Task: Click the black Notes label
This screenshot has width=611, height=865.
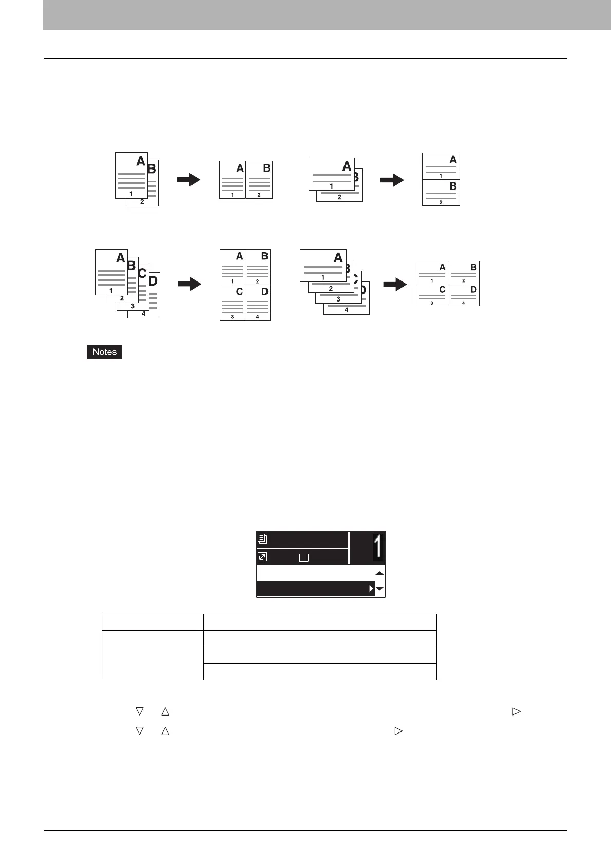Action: point(105,352)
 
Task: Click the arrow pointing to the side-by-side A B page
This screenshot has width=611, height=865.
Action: point(188,180)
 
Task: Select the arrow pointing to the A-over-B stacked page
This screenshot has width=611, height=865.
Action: point(392,180)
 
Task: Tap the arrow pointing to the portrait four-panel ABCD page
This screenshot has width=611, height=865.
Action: point(189,284)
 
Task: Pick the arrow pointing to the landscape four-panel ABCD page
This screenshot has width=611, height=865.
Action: point(395,284)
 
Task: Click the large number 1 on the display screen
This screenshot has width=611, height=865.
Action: point(378,547)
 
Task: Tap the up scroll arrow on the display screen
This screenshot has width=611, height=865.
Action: point(379,573)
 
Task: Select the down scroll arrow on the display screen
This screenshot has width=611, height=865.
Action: point(379,589)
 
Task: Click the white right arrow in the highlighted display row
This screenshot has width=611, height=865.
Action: point(371,589)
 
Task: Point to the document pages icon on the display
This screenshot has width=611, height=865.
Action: point(262,539)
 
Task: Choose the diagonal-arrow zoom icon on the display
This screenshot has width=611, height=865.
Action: point(262,556)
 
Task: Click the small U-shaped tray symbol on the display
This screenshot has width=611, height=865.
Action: point(303,557)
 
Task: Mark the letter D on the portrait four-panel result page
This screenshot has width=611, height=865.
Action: point(264,292)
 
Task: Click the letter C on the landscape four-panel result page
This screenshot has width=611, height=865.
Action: point(442,290)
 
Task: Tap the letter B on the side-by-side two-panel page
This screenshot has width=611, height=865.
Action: point(266,168)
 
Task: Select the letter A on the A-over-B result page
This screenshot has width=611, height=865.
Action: point(453,160)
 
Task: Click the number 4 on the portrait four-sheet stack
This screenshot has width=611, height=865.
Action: point(144,313)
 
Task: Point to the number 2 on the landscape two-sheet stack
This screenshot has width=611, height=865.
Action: point(339,197)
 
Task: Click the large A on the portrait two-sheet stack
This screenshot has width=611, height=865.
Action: point(140,161)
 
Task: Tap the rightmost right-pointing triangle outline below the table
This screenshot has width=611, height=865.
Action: point(516,711)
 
